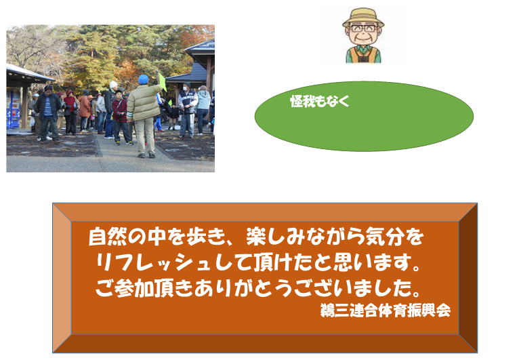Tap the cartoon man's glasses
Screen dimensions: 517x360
tap(363, 28)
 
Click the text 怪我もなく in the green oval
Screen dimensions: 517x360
tap(320, 101)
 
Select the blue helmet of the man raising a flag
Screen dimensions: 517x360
tap(144, 79)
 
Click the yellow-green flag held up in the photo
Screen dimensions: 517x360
tap(161, 81)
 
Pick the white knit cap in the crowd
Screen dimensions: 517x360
tap(113, 85)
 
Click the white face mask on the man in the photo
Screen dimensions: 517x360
tap(185, 88)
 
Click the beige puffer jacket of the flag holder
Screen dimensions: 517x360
tap(144, 102)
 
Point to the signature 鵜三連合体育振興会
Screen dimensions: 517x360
tap(386, 311)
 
